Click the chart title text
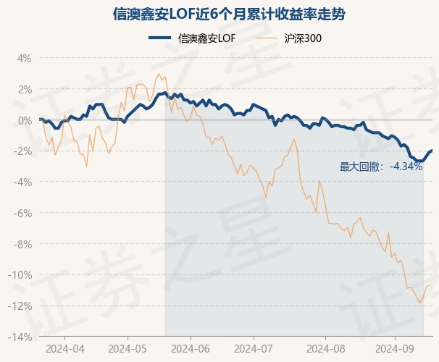click(219, 14)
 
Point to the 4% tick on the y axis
click(24, 59)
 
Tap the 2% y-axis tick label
click(24, 90)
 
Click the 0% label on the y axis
click(24, 120)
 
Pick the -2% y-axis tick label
click(22, 151)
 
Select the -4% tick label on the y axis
click(22, 182)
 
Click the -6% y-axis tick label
click(22, 214)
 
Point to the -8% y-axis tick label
click(22, 245)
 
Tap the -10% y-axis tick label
click(20, 275)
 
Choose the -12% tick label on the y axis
click(20, 306)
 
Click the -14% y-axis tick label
click(20, 337)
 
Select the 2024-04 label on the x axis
click(64, 348)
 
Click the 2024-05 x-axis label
click(127, 348)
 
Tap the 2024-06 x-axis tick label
click(191, 348)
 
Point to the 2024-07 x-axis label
click(254, 348)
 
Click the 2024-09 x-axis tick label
click(395, 348)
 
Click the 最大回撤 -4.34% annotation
click(381, 167)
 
